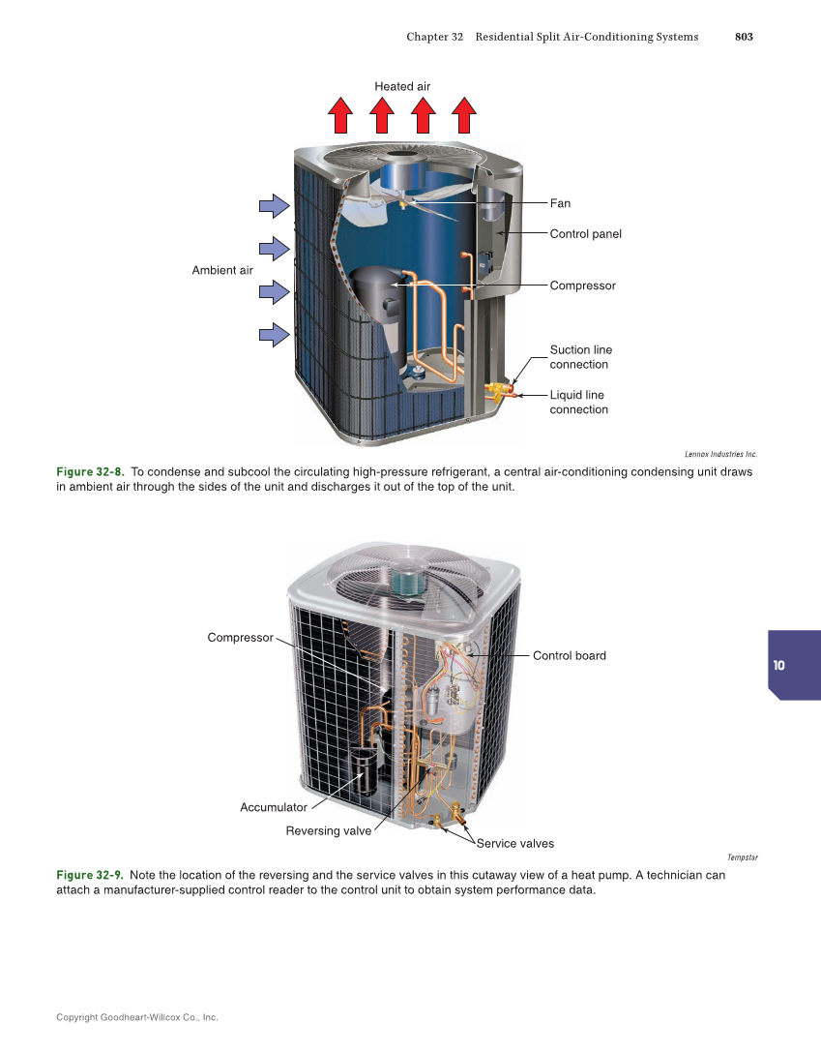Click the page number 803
point(743,37)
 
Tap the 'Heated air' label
point(402,86)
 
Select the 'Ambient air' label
point(222,270)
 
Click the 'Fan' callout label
point(560,203)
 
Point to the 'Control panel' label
point(585,234)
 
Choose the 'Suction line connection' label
point(580,357)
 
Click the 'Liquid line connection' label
point(578,403)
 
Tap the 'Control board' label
point(569,655)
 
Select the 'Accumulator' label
point(274,807)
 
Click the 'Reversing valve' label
point(328,831)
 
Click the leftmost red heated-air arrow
point(340,115)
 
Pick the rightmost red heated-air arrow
point(464,115)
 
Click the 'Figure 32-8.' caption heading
point(90,472)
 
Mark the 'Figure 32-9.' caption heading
point(90,875)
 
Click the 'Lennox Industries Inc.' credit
point(720,453)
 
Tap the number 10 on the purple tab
point(779,666)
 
